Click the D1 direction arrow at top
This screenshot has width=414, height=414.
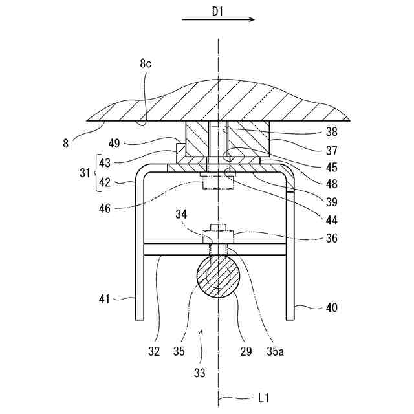tap(218, 20)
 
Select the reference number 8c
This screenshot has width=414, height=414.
tap(145, 63)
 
